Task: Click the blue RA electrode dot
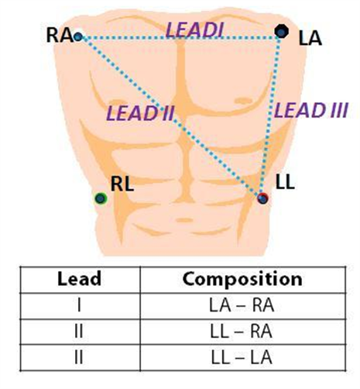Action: point(77,36)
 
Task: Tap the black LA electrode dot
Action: point(281,31)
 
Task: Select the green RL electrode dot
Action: point(101,198)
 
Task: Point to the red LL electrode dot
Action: point(262,198)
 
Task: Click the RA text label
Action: point(60,36)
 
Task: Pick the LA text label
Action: point(310,39)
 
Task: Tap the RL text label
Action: point(122,184)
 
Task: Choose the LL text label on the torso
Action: point(285,182)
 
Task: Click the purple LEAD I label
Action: point(194,29)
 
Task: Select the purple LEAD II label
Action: point(140,113)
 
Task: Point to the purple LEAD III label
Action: point(311,110)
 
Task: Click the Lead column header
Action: point(79,279)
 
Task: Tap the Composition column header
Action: point(242,280)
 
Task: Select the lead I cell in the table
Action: point(79,305)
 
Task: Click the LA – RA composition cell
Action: point(242,305)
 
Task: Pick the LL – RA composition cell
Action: point(242,331)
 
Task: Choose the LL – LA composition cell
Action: point(242,357)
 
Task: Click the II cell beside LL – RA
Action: point(79,331)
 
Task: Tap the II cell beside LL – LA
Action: point(79,357)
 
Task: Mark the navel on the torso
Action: point(184,220)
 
